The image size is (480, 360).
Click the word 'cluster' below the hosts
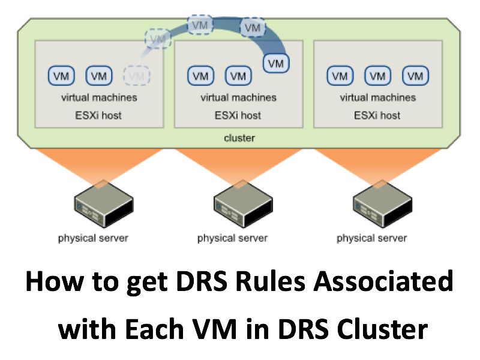click(x=239, y=138)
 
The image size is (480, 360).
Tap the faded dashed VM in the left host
click(x=137, y=76)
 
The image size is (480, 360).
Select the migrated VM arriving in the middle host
click(x=276, y=64)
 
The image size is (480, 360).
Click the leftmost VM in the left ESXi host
click(x=61, y=76)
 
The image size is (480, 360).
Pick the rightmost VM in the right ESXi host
click(x=415, y=76)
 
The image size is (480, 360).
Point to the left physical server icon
click(x=104, y=204)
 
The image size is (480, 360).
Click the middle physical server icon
click(x=243, y=204)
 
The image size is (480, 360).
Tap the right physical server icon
click(x=382, y=204)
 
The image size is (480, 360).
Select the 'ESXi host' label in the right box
click(x=377, y=115)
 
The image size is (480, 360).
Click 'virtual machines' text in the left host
click(x=99, y=97)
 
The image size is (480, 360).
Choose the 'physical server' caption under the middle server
click(x=232, y=238)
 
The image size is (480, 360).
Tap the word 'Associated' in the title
click(x=383, y=281)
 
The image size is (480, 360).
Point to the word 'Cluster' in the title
click(x=382, y=329)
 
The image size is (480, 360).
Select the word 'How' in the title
click(x=55, y=281)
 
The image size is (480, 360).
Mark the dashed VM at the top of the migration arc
click(x=200, y=25)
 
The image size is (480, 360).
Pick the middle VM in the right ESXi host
click(x=378, y=76)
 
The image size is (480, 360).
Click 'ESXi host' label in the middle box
click(x=238, y=115)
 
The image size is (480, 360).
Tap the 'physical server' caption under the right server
click(x=371, y=238)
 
